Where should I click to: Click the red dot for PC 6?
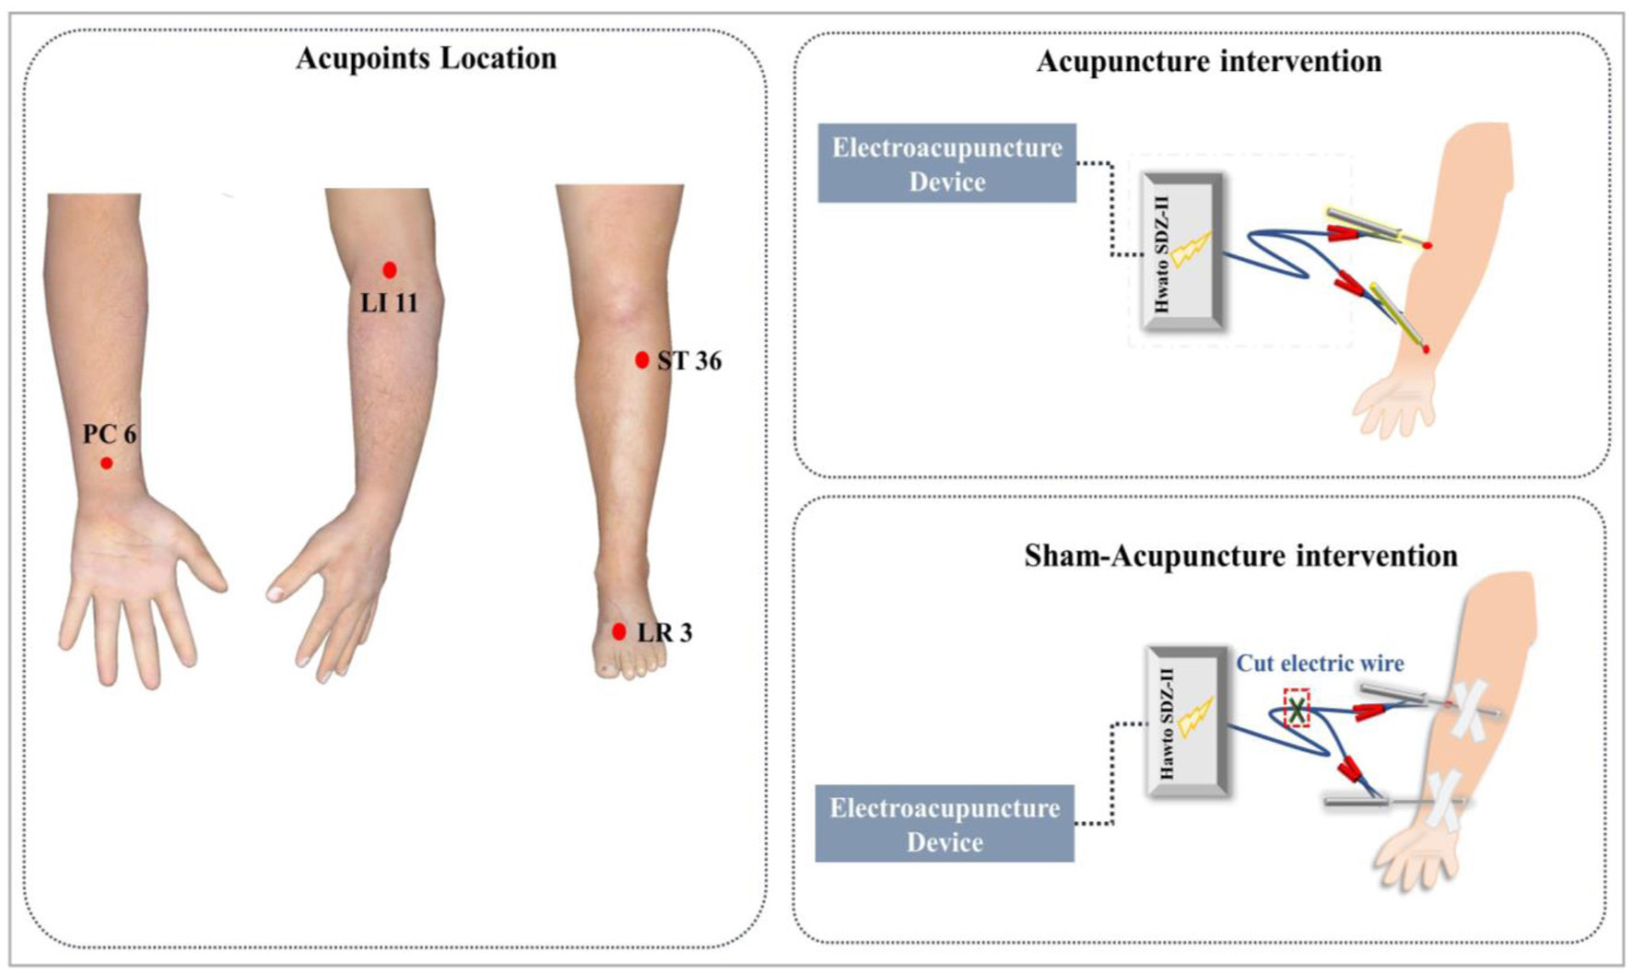tap(107, 463)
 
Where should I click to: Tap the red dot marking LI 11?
tap(390, 270)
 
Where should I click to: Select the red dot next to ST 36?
tap(642, 360)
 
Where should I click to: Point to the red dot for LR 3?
tap(619, 632)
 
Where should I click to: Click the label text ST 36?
tap(689, 361)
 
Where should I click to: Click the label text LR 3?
tap(664, 633)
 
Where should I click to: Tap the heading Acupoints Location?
tap(426, 58)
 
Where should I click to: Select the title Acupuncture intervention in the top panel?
tap(1208, 62)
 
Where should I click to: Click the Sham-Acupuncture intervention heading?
tap(1240, 557)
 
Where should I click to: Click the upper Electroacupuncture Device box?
tap(946, 164)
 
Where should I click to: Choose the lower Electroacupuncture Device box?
tap(944, 824)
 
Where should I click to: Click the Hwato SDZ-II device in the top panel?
tap(1183, 252)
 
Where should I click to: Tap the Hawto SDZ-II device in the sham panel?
tap(1187, 722)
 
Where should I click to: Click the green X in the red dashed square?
tap(1297, 710)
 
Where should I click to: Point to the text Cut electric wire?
tap(1320, 664)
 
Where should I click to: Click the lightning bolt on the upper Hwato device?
tap(1191, 250)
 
